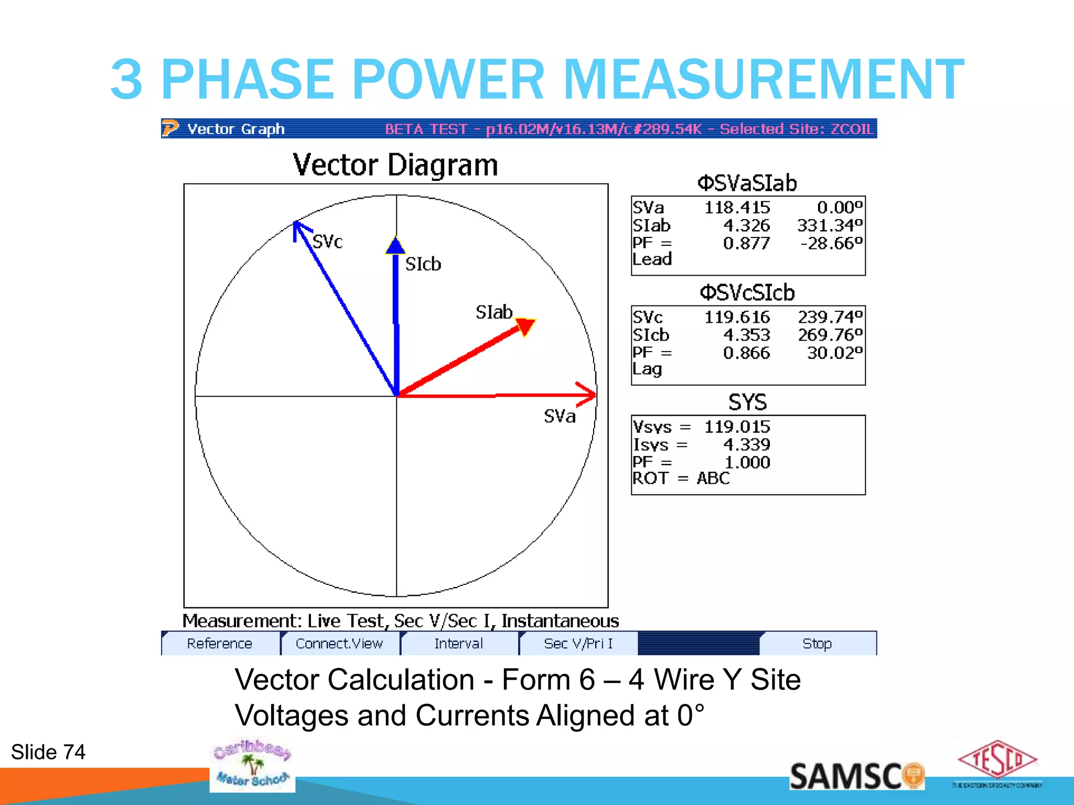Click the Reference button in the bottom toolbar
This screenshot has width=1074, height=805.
(220, 644)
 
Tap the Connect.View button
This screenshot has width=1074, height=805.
(339, 644)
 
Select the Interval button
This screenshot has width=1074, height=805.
(458, 644)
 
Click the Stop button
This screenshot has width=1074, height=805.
(817, 644)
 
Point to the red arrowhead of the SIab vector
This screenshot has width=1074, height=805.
(525, 327)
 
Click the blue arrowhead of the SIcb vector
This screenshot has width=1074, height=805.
(395, 246)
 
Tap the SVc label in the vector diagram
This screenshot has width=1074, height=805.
(327, 242)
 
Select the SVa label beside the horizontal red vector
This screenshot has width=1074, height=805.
(560, 416)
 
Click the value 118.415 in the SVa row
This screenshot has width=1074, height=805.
(737, 208)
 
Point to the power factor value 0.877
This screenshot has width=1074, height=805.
(746, 243)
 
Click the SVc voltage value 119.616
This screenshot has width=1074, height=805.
(737, 317)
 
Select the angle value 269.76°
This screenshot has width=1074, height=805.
(830, 335)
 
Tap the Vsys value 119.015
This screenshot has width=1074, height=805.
(737, 427)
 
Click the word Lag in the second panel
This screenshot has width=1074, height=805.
(647, 369)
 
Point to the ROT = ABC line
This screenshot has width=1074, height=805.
(681, 478)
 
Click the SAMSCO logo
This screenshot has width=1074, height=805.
(856, 776)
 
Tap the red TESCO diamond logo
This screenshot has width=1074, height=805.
(997, 759)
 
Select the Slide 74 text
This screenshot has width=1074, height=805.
(48, 752)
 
